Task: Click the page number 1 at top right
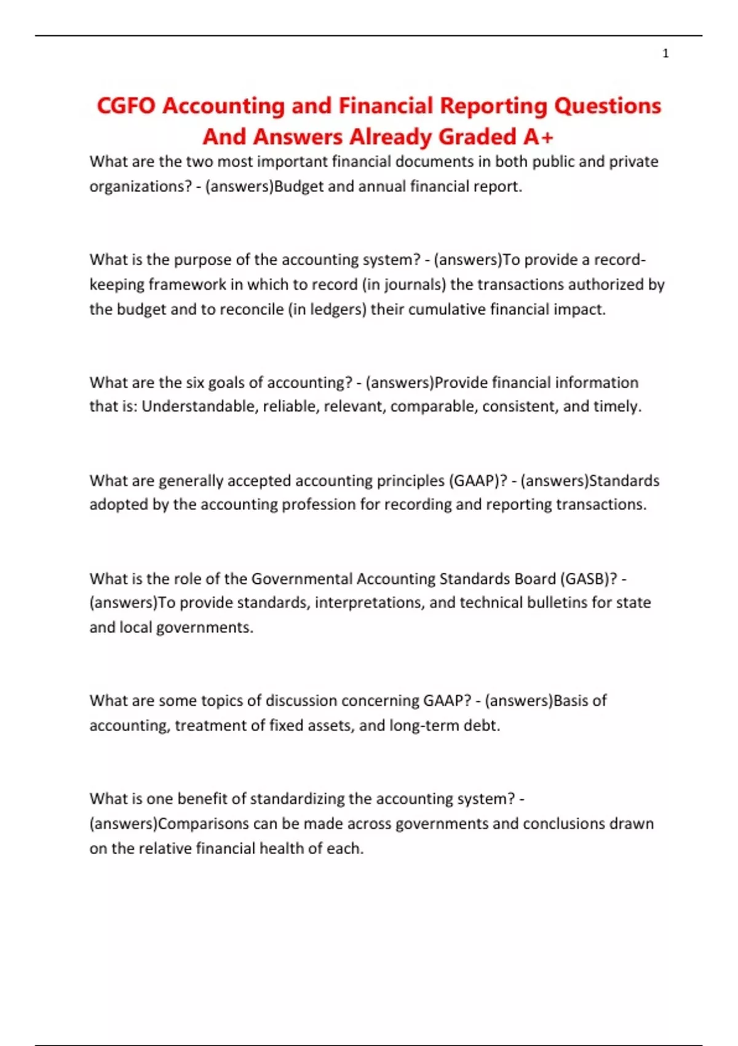click(x=665, y=54)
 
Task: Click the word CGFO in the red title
click(x=126, y=106)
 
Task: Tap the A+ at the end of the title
click(x=539, y=137)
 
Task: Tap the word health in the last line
click(x=281, y=848)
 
